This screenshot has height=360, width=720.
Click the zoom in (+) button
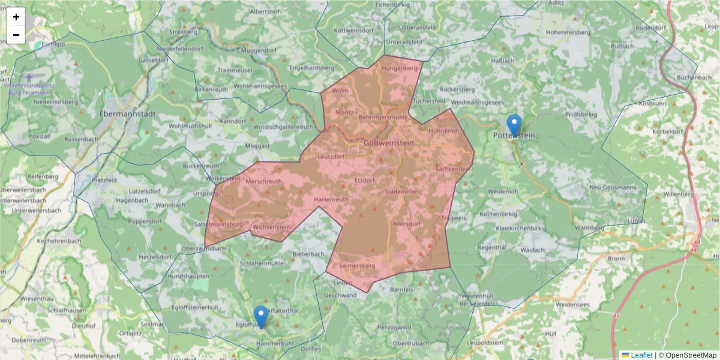(16, 17)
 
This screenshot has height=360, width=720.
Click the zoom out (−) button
(16, 35)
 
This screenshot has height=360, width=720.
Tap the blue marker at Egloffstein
(260, 316)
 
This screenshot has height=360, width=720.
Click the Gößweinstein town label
(388, 143)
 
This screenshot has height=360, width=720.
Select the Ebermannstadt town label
(128, 113)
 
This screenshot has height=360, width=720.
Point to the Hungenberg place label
(399, 68)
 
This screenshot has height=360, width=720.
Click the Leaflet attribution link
(641, 355)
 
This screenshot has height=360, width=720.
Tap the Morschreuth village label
(264, 181)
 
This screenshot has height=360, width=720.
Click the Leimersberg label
(357, 265)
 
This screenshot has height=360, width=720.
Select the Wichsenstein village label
(271, 227)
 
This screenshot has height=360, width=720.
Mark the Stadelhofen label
(401, 192)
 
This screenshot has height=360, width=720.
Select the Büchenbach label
(694, 77)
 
